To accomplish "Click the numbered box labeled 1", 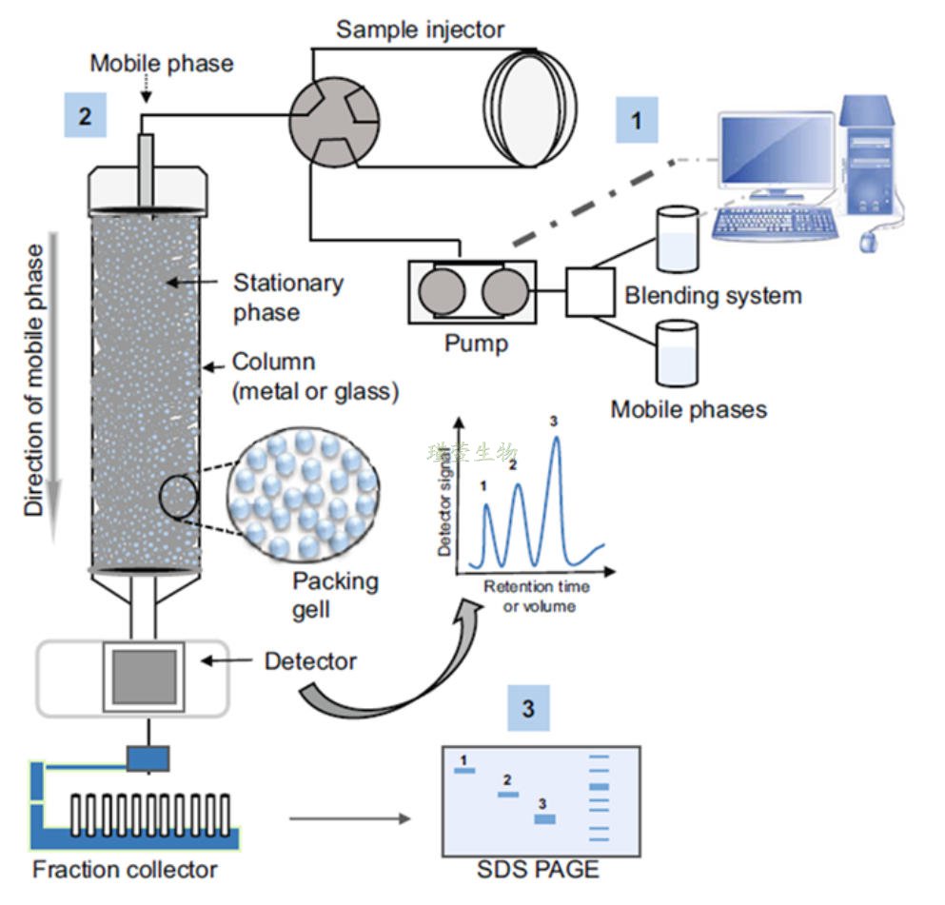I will coord(637,120).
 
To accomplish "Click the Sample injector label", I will coord(420,30).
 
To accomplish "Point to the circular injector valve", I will coord(330,113).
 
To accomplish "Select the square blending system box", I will coord(590,290).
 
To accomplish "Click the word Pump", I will coord(476,344).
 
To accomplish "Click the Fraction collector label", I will coord(126,869).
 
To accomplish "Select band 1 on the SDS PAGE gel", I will coord(463,770).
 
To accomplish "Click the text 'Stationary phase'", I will coord(287,297).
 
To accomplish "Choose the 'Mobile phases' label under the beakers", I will coord(688,410).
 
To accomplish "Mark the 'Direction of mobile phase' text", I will coord(35,381).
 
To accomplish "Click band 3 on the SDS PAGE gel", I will coord(543,818).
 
